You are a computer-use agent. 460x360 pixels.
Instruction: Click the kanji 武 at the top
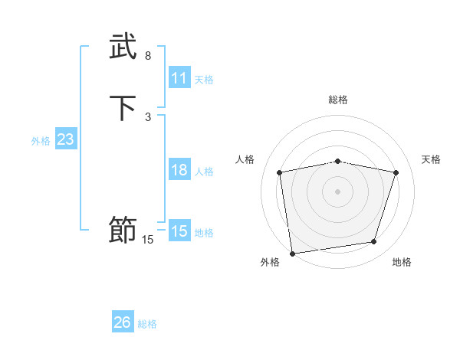pos(123,47)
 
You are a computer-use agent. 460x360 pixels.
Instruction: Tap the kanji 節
pos(123,230)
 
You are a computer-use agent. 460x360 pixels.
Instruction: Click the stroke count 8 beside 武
pos(148,56)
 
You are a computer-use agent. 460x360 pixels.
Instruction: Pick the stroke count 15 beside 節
pos(148,240)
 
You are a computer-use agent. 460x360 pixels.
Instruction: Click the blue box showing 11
pos(179,78)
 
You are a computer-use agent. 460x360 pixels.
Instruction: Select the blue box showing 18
pos(179,170)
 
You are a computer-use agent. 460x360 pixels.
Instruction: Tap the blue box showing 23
pos(65,140)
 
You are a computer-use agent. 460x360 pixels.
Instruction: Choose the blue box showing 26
pos(123,322)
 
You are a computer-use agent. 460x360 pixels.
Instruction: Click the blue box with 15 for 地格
pos(179,231)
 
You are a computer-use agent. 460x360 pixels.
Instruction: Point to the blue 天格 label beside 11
pos(204,80)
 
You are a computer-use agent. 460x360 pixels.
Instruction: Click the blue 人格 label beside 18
pos(204,172)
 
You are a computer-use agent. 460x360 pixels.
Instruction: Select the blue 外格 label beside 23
pos(41,141)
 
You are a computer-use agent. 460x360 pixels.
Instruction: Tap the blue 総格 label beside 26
pos(147,324)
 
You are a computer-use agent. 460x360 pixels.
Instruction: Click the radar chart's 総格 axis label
pos(338,100)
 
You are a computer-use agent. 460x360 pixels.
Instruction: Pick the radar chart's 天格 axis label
pos(432,159)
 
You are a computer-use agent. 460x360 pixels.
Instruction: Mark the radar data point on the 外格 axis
pos(291,253)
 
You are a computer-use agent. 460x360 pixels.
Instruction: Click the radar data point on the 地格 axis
pos(374,242)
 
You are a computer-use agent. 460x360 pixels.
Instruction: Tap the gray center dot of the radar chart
pos(337,191)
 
